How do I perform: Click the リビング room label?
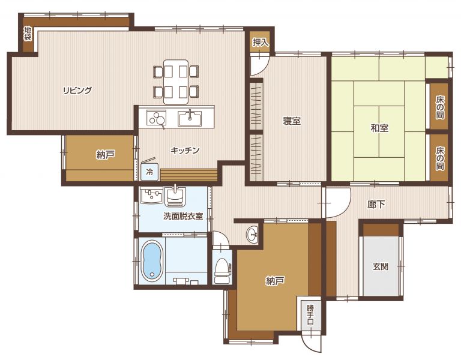pyautogui.click(x=77, y=90)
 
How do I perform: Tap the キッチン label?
pyautogui.click(x=185, y=151)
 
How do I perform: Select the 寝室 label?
pyautogui.click(x=292, y=121)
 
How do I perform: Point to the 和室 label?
pyautogui.click(x=379, y=128)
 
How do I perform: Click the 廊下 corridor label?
pyautogui.click(x=376, y=204)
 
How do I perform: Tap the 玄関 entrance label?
pyautogui.click(x=381, y=266)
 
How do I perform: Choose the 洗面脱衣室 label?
pyautogui.click(x=183, y=216)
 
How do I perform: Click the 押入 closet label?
pyautogui.click(x=260, y=43)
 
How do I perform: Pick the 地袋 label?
pyautogui.click(x=28, y=34)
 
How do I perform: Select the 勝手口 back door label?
pyautogui.click(x=310, y=314)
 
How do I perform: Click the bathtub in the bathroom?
pyautogui.click(x=152, y=260)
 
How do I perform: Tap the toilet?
pyautogui.click(x=223, y=269)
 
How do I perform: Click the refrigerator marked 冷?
pyautogui.click(x=150, y=172)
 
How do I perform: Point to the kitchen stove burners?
pyautogui.click(x=157, y=118)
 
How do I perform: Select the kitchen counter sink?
pyautogui.click(x=190, y=118)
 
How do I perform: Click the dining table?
pyautogui.click(x=176, y=82)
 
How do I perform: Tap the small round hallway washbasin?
pyautogui.click(x=252, y=235)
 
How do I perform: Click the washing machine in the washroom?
pyautogui.click(x=151, y=195)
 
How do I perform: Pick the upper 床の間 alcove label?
pyautogui.click(x=440, y=107)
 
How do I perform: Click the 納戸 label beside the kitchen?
pyautogui.click(x=105, y=155)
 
